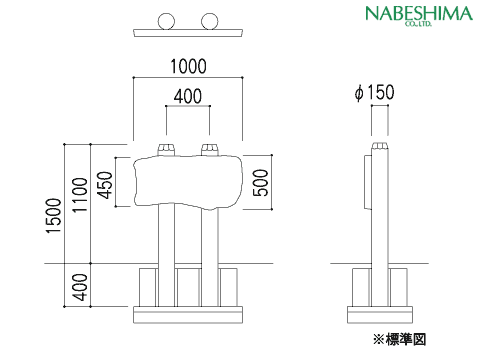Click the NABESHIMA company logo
coord(419,15)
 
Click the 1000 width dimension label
coord(188,66)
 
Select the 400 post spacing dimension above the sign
coord(188,96)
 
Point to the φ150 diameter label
coord(374,92)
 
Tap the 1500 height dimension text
coord(54,216)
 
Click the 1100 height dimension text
coord(80,195)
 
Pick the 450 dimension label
coord(107,185)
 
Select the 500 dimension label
coord(261,183)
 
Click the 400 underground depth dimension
coord(80,287)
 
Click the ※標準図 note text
coord(399,340)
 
